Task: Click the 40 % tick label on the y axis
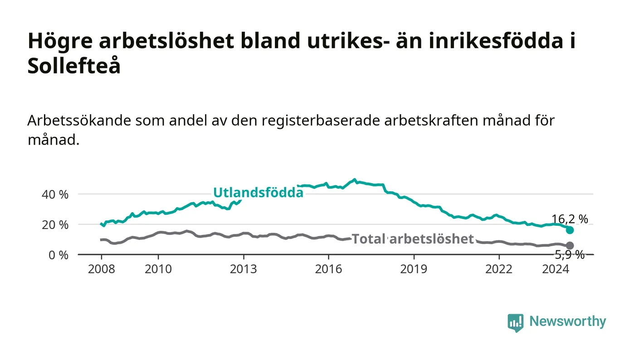55,195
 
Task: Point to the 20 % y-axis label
55,225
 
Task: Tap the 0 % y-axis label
59,255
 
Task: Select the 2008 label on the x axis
102,269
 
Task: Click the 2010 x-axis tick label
158,269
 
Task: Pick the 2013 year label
243,269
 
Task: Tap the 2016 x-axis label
328,269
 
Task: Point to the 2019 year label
414,269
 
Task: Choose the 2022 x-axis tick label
499,269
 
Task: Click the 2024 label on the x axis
556,269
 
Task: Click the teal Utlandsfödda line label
258,193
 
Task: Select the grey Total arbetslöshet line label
413,239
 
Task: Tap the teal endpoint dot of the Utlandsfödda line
570,230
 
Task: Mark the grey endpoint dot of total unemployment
570,245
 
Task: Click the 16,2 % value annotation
570,219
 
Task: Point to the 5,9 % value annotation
570,255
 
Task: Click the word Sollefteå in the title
74,66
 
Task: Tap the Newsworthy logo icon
515,323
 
